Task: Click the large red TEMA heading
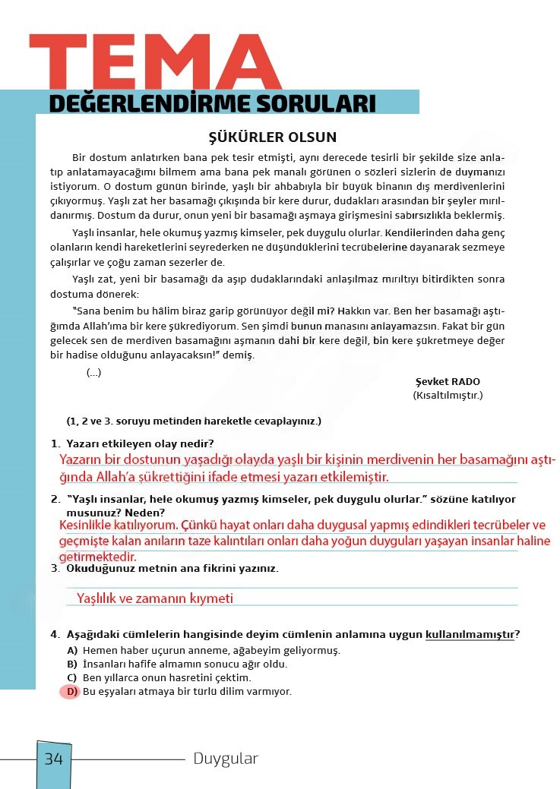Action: [155, 62]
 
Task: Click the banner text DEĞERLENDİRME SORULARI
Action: [212, 103]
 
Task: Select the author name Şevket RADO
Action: [448, 382]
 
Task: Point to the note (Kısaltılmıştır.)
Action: [448, 395]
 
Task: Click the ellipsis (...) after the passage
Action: [93, 372]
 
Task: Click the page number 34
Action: [54, 759]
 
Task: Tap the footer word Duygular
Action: [226, 759]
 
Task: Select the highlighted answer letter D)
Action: [71, 692]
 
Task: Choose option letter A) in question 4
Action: [72, 651]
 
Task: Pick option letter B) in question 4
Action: [72, 664]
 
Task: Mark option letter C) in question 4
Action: [72, 678]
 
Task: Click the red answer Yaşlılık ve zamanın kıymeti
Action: [155, 598]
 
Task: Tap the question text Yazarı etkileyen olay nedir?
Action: [140, 443]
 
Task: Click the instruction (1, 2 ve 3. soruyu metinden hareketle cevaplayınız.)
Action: [194, 421]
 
